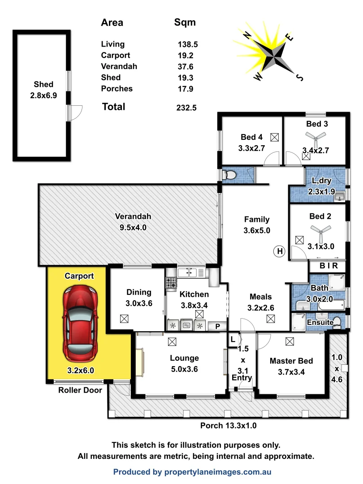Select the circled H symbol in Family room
280,251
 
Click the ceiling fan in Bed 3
316,138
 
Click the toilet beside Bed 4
230,175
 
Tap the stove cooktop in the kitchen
171,283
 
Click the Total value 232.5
187,108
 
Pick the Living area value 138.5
188,44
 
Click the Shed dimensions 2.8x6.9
43,95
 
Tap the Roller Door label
80,390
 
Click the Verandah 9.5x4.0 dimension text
133,228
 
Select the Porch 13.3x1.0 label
228,426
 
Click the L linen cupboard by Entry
233,340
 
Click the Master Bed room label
291,361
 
